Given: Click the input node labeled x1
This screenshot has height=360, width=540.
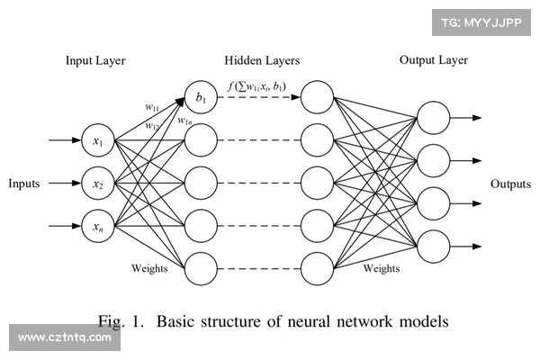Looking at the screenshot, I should point(98,141).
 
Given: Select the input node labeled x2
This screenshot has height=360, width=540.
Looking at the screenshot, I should point(98,184).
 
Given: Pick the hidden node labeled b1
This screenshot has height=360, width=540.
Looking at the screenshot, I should point(201,97).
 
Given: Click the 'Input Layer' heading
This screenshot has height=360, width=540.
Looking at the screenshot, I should point(95,61).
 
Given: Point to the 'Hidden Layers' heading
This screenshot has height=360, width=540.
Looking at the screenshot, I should point(262,61).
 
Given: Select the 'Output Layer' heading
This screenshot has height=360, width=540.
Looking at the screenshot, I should point(433,60).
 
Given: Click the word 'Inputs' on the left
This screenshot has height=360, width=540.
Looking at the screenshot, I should point(24,184).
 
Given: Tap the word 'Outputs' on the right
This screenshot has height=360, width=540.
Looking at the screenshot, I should point(510,184).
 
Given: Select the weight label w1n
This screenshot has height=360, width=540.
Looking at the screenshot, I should point(184,121).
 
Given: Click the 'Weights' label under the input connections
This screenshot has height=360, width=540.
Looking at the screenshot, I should point(148,268).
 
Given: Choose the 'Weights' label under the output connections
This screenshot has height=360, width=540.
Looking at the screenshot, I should point(381,268).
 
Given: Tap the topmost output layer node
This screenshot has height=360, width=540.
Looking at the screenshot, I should point(433,118).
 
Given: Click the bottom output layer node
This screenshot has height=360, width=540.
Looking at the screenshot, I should point(433,246).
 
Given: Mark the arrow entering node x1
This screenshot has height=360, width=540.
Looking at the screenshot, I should point(63,141).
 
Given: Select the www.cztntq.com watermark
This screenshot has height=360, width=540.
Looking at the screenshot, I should point(65,338).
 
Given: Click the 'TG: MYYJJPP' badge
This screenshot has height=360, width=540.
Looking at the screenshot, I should point(481,22).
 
